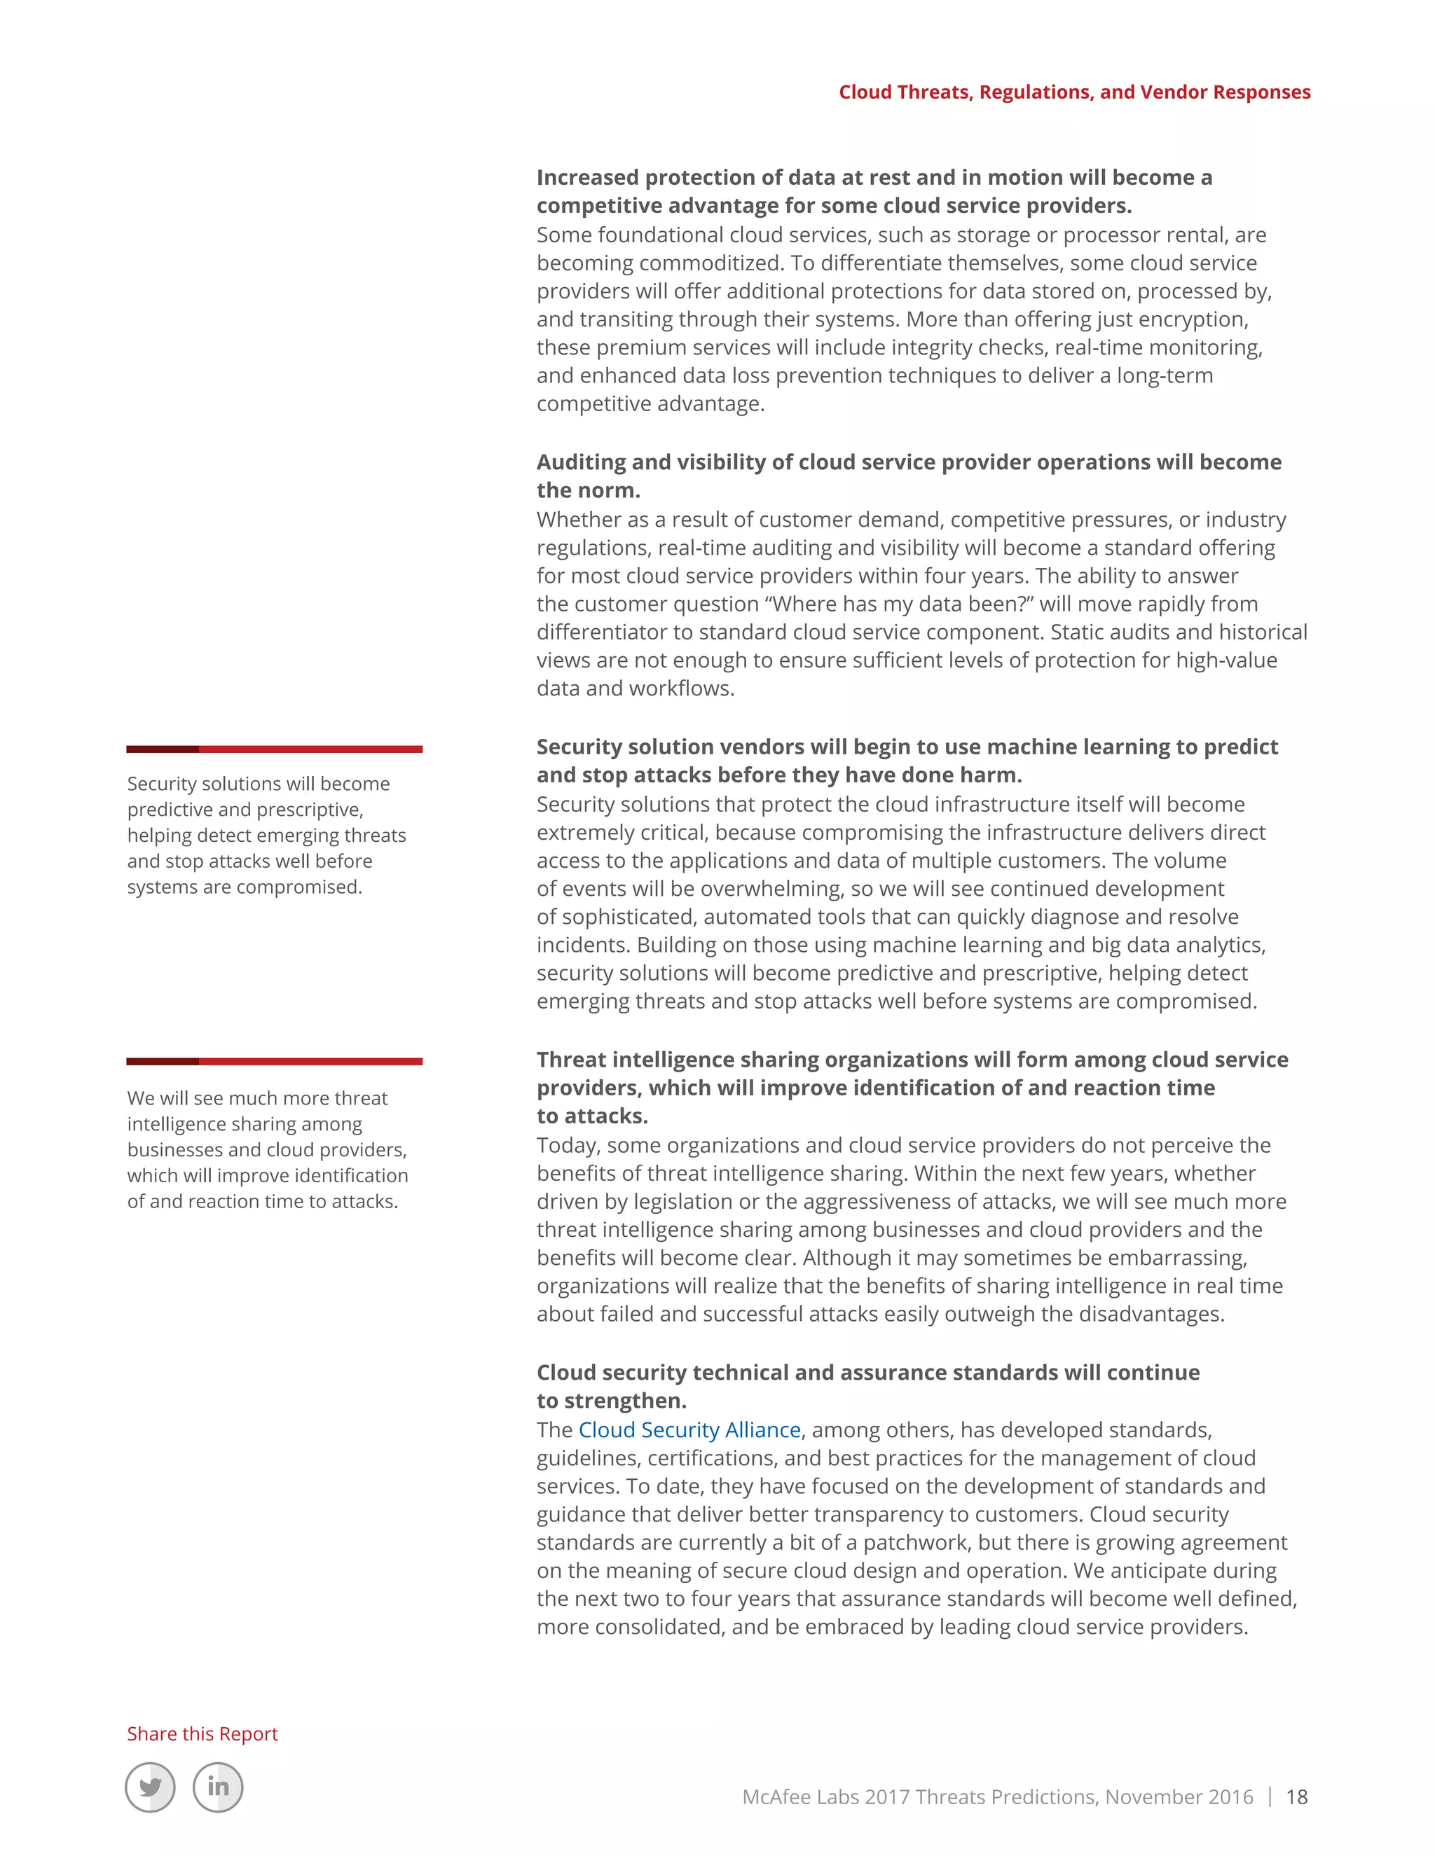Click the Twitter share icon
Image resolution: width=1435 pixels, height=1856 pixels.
click(x=151, y=1787)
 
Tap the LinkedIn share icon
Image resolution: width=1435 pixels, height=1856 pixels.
click(x=218, y=1787)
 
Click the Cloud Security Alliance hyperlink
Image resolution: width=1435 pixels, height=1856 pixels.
click(x=689, y=1430)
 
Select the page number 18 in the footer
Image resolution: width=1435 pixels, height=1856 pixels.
click(x=1296, y=1796)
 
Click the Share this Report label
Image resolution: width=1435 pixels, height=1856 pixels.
click(x=202, y=1733)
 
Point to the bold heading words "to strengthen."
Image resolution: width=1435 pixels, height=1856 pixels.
click(x=611, y=1401)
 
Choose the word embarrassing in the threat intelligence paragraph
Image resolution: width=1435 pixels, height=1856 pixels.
click(x=1174, y=1258)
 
